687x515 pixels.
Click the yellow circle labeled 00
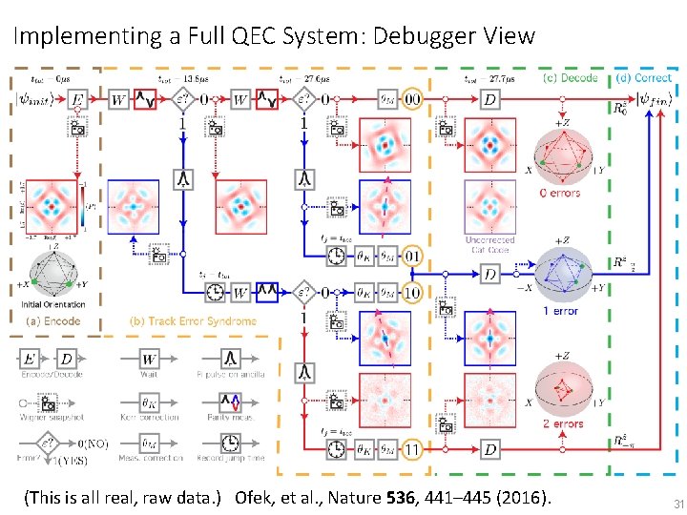pyautogui.click(x=413, y=99)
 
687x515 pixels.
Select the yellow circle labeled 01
pyautogui.click(x=413, y=256)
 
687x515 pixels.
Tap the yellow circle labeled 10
pyautogui.click(x=413, y=292)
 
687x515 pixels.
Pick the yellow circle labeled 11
pyautogui.click(x=413, y=449)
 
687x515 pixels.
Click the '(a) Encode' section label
pyautogui.click(x=53, y=321)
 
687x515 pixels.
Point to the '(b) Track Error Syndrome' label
pyautogui.click(x=193, y=321)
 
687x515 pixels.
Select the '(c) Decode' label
pyautogui.click(x=570, y=77)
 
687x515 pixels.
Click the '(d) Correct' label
pyautogui.click(x=644, y=77)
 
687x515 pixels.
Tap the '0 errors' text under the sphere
pyautogui.click(x=559, y=193)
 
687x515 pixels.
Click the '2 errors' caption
pyautogui.click(x=563, y=424)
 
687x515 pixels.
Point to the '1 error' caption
pyautogui.click(x=560, y=311)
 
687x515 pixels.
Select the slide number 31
pyautogui.click(x=667, y=503)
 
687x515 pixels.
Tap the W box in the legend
pyautogui.click(x=150, y=359)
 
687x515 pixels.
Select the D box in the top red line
pyautogui.click(x=489, y=99)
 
